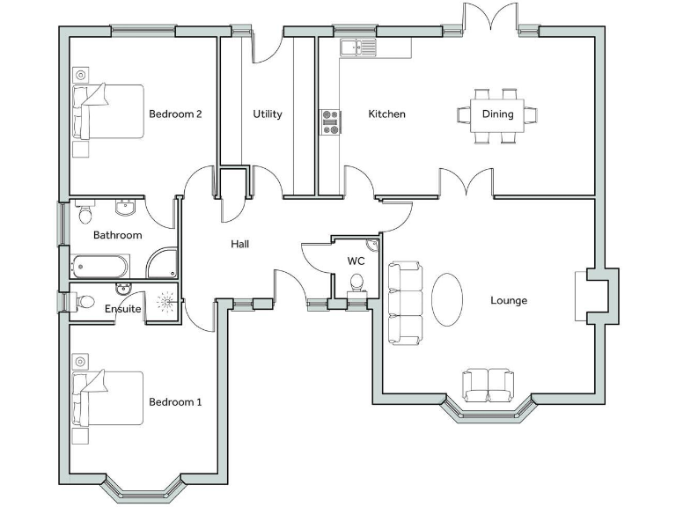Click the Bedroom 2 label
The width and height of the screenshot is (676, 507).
175,114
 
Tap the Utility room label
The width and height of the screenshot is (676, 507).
268,114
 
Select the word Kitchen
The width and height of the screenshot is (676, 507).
386,114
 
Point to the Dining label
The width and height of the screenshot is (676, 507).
497,114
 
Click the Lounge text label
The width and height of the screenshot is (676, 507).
509,300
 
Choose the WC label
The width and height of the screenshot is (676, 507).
356,261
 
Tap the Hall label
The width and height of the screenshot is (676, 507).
239,244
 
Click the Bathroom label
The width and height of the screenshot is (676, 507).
118,235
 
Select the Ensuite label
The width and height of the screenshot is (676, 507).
122,309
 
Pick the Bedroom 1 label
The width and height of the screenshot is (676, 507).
175,402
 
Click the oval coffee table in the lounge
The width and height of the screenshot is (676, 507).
447,300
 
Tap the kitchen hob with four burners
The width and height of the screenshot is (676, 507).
330,121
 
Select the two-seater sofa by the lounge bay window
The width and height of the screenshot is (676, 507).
489,385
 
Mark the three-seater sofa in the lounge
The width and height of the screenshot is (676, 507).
405,302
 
